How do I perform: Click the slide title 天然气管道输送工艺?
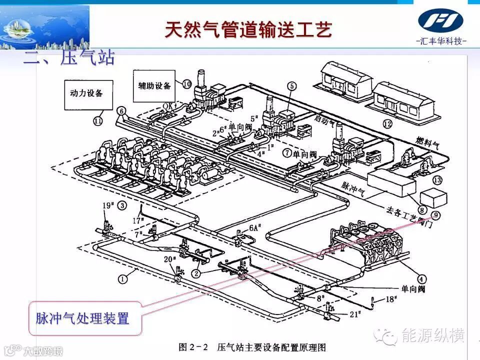(248, 30)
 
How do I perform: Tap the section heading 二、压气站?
(69, 57)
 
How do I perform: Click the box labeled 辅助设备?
(154, 84)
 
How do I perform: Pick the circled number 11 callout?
(98, 120)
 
